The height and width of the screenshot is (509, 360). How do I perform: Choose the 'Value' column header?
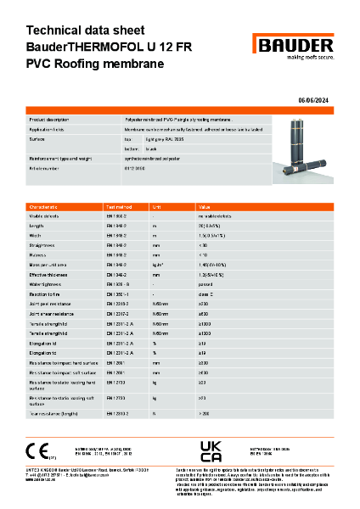(204, 207)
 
